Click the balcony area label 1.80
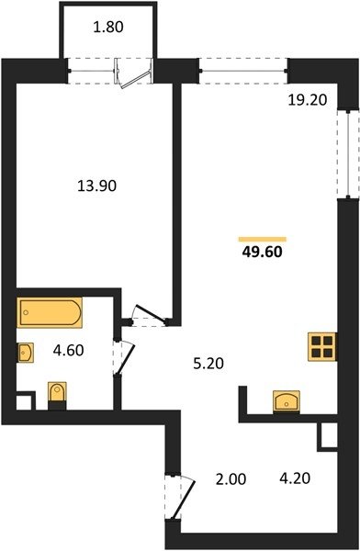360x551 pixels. tap(108, 27)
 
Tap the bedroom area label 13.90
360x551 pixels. tap(96, 186)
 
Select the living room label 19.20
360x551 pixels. tap(308, 100)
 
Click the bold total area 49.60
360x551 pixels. tap(263, 252)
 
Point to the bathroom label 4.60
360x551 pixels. tap(68, 351)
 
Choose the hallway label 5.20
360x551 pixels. tap(208, 364)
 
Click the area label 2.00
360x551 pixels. tap(231, 479)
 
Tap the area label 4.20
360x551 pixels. tap(295, 478)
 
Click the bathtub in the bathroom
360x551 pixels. tap(50, 312)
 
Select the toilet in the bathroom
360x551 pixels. tap(57, 395)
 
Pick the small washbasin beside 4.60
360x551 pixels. tap(26, 353)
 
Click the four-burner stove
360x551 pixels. tap(322, 346)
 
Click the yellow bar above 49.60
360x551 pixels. tap(263, 240)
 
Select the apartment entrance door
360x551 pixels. tap(184, 499)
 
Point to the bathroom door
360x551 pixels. tap(126, 359)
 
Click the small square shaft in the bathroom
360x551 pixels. tap(25, 401)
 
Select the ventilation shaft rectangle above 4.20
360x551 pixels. tap(328, 436)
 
